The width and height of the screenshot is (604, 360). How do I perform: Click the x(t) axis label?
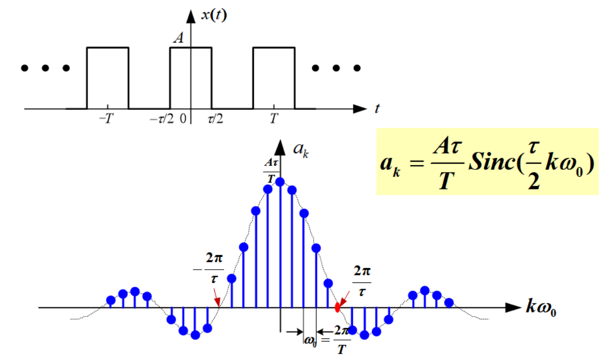pyautogui.click(x=214, y=15)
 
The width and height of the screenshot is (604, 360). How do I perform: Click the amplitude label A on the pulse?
pyautogui.click(x=179, y=38)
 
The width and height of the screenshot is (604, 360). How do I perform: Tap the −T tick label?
pyautogui.click(x=106, y=119)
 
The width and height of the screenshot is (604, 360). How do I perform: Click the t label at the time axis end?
pyautogui.click(x=377, y=109)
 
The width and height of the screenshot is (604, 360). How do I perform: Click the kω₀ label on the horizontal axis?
pyautogui.click(x=541, y=308)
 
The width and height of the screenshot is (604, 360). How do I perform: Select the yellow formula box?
pyautogui.click(x=487, y=162)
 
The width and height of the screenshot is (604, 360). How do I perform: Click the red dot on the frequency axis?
pyautogui.click(x=337, y=308)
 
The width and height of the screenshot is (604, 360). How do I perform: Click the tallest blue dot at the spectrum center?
pyautogui.click(x=280, y=182)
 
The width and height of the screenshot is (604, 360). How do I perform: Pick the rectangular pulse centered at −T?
pyautogui.click(x=107, y=78)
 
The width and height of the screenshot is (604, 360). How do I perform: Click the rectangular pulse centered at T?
pyautogui.click(x=273, y=78)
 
